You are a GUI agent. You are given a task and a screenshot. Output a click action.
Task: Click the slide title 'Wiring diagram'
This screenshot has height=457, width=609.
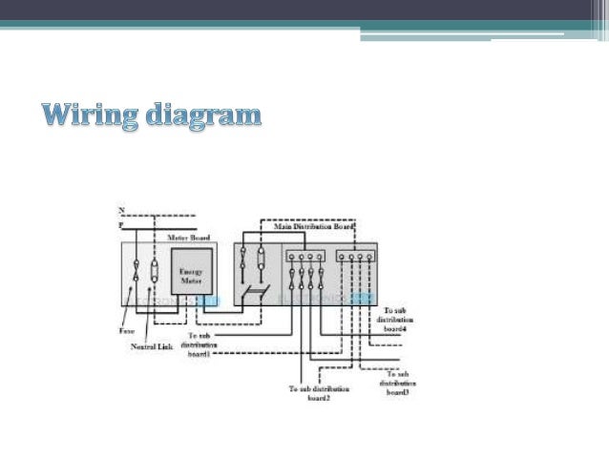151,117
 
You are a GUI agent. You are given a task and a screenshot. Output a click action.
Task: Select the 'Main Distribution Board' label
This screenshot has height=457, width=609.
314,227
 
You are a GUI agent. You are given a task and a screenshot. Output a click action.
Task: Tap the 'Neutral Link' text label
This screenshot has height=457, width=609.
150,346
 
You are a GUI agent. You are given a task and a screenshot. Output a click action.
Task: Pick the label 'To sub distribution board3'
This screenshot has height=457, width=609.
395,383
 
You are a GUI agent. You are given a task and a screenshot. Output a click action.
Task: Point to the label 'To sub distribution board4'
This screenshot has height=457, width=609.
395,320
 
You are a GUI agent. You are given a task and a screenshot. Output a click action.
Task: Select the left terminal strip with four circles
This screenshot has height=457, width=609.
303,257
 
